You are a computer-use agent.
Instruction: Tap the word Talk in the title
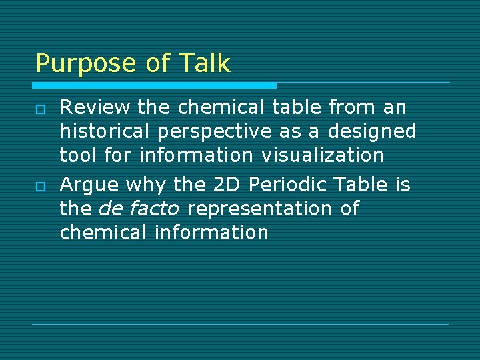coord(204,63)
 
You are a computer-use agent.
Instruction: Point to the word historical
coord(105,131)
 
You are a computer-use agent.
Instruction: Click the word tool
coord(79,155)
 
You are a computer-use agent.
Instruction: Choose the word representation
coord(261,209)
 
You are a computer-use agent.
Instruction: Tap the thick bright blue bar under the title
coord(155,85)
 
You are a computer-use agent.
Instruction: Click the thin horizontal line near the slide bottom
coord(240,324)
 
